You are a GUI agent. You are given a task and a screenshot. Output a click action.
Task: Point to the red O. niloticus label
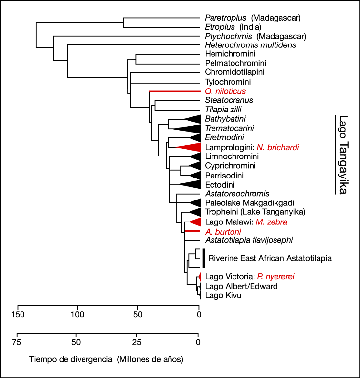click(x=225, y=91)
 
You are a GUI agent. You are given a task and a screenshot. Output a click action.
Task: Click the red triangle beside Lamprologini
click(x=191, y=147)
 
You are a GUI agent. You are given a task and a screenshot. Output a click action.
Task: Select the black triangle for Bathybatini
click(x=191, y=119)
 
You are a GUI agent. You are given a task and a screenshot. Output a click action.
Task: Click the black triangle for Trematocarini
click(x=188, y=128)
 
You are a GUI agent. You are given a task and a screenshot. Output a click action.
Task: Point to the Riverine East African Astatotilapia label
click(x=270, y=258)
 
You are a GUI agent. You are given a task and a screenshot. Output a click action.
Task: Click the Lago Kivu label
click(x=223, y=295)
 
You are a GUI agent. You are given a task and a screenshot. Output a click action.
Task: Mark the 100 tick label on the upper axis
click(x=77, y=313)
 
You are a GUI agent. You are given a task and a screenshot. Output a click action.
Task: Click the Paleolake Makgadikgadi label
click(x=249, y=202)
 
